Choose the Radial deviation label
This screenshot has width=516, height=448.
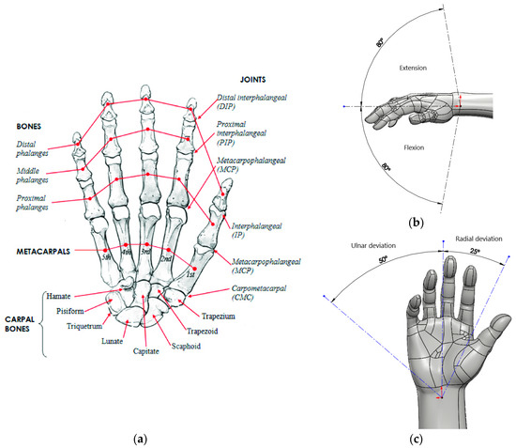tap(477, 239)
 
